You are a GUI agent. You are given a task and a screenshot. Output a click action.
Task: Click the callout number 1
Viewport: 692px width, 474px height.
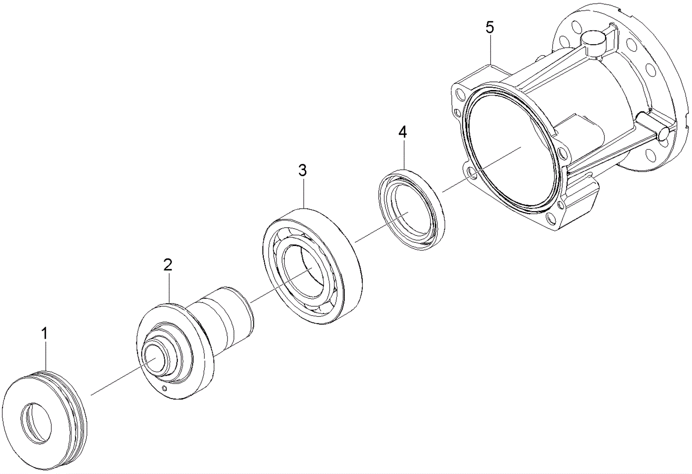coord(44,333)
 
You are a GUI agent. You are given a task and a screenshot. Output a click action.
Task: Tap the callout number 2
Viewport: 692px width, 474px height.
coord(168,265)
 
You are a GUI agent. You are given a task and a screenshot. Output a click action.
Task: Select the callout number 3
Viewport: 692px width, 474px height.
coord(302,170)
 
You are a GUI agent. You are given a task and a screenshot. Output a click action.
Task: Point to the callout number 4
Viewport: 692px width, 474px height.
coord(403,132)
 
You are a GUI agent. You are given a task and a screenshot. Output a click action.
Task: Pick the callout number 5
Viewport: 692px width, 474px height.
coord(490,27)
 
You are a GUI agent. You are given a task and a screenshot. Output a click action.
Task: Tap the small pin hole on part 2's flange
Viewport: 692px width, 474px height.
coord(164,388)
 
